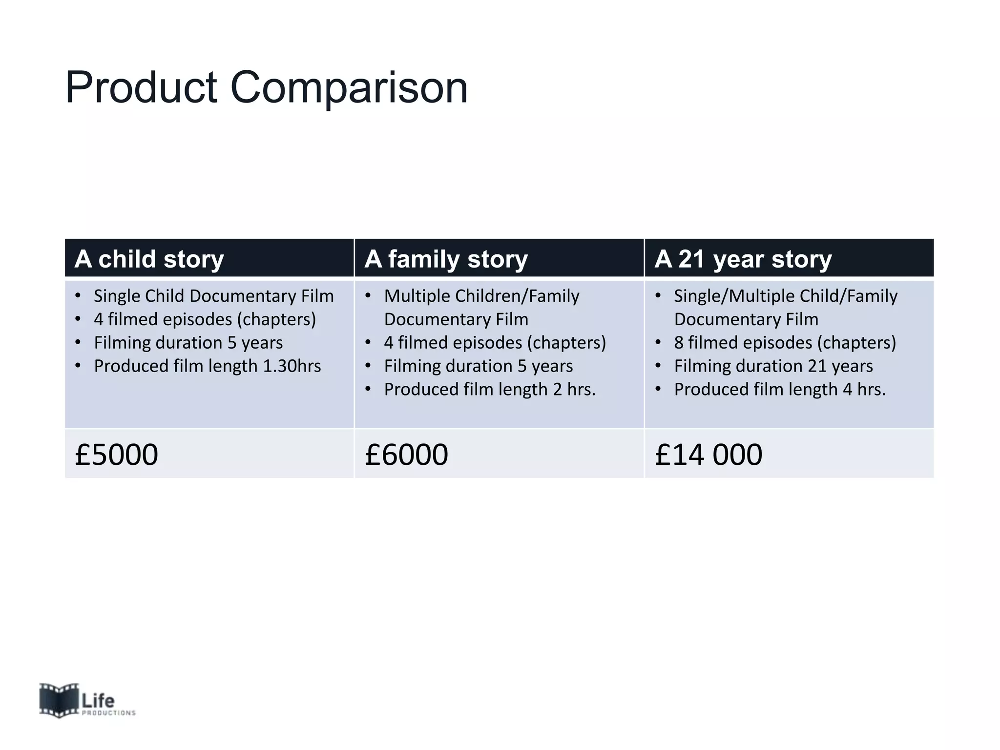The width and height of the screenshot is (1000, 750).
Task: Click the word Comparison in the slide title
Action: [349, 88]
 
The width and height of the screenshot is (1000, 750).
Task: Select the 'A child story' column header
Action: [149, 259]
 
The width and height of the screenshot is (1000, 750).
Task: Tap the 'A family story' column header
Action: [446, 259]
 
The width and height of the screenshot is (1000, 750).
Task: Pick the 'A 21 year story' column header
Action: [743, 259]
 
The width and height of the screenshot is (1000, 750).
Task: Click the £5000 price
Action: [116, 455]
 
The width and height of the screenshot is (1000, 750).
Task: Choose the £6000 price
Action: [406, 455]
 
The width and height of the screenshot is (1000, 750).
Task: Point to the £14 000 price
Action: [708, 455]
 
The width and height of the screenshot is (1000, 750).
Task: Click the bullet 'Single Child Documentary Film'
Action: [214, 296]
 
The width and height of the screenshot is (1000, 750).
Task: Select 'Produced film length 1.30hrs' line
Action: [208, 366]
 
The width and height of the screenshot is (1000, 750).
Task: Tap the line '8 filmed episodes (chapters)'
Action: [785, 343]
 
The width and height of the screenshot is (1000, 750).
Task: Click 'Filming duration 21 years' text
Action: [773, 366]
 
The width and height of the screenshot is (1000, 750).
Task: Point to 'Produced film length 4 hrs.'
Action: [780, 390]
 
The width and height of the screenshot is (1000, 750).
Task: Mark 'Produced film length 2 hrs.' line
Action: [490, 390]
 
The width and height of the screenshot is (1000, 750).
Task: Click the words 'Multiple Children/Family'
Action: [481, 296]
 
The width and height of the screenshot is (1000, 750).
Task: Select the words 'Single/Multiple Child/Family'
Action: [786, 296]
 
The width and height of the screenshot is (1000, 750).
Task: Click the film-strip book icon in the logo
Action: [59, 700]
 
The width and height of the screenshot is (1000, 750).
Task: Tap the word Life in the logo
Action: [98, 701]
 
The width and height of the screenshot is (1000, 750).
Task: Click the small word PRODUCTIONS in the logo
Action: [108, 713]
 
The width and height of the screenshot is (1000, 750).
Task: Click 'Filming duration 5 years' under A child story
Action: [188, 343]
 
